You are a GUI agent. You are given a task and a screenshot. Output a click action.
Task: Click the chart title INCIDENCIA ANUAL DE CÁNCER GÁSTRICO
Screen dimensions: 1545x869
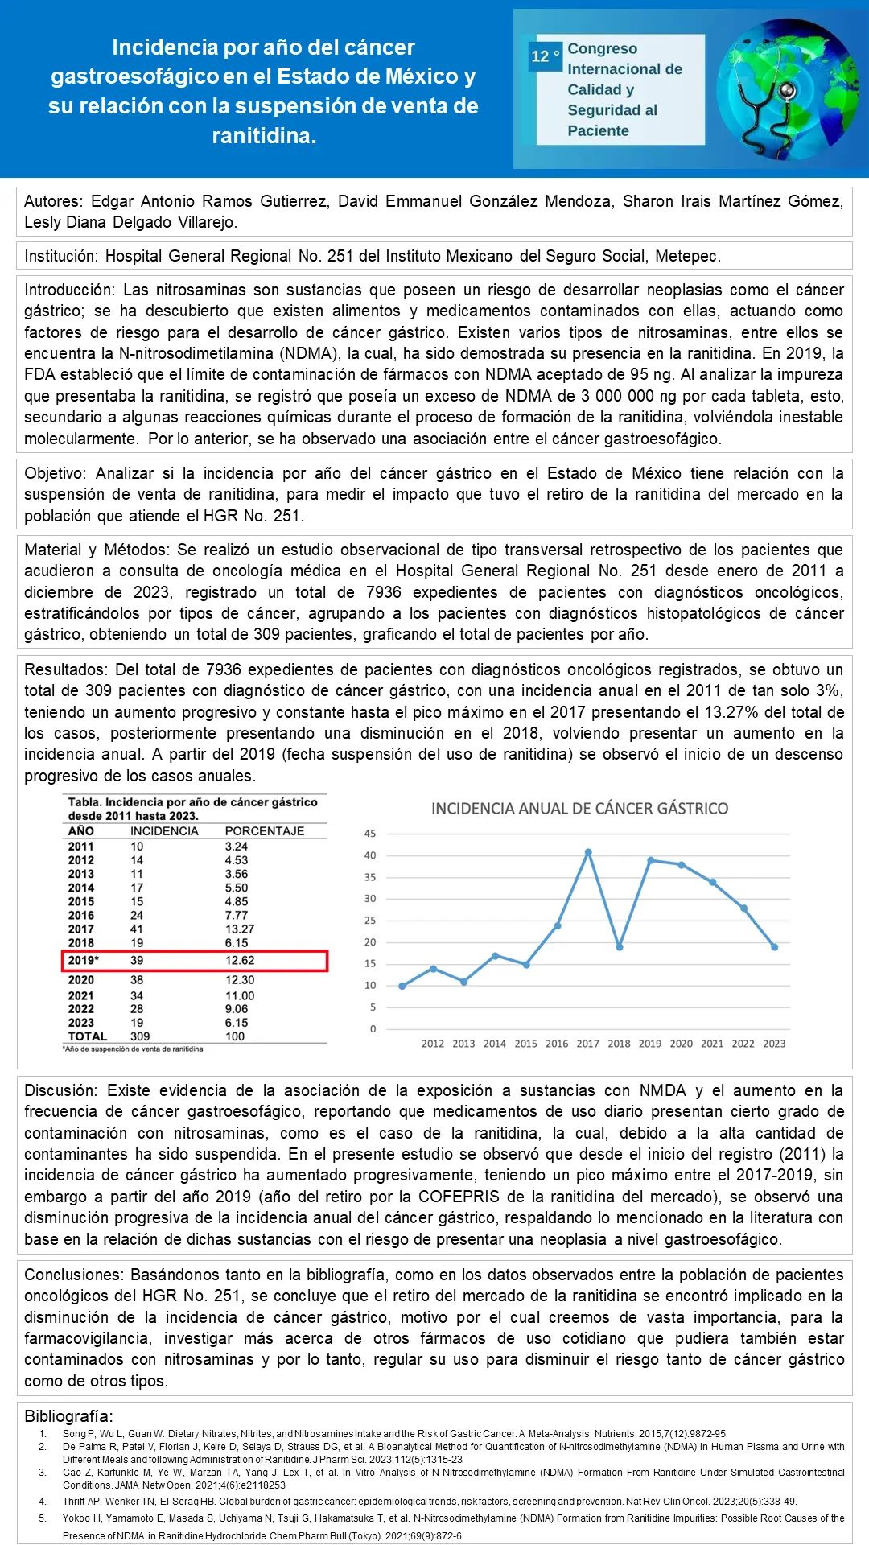click(579, 809)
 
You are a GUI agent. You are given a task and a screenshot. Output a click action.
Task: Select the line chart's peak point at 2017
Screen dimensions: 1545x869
click(588, 852)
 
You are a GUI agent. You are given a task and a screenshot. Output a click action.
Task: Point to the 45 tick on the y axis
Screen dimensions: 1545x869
click(370, 834)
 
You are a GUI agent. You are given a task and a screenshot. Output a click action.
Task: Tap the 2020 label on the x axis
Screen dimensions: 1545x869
click(681, 1044)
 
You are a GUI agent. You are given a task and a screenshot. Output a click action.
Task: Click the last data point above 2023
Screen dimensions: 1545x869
click(774, 947)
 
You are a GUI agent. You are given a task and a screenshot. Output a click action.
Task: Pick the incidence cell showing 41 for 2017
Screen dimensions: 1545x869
click(137, 929)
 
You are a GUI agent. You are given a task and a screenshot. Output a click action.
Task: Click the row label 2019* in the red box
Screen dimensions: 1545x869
click(83, 961)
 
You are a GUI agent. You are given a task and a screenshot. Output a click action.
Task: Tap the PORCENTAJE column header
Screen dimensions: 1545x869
click(264, 831)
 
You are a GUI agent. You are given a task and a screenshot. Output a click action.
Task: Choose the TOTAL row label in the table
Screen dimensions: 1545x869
click(87, 1036)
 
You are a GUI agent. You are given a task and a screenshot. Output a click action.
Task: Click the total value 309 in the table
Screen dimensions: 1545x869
click(140, 1036)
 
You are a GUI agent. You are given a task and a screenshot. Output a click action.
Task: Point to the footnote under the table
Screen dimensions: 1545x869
click(133, 1049)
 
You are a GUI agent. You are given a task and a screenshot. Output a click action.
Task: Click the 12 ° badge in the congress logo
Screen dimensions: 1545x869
click(545, 56)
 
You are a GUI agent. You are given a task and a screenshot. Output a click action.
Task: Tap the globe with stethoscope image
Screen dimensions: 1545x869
click(787, 90)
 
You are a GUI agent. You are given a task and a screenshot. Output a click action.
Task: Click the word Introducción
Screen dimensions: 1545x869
click(70, 290)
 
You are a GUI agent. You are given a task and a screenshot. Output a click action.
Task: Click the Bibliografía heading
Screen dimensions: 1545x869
click(68, 1416)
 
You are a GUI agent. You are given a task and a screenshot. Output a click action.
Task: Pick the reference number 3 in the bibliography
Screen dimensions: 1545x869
click(43, 1472)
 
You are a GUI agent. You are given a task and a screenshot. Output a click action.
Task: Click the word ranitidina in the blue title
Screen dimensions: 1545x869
click(264, 136)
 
